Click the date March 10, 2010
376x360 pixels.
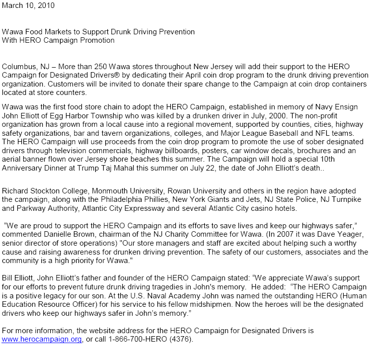click(x=28, y=6)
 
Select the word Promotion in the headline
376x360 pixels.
click(x=97, y=40)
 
